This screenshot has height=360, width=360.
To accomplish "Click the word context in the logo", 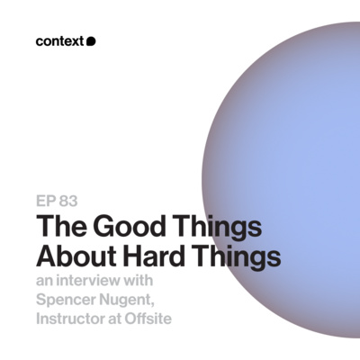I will pos(60,40).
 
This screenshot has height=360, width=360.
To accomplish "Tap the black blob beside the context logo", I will pos(91,40).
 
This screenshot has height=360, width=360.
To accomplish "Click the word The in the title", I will pos(59,227).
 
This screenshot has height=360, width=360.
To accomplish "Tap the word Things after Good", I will pos(212,228).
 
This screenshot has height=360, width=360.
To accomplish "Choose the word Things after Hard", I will pos(238,256).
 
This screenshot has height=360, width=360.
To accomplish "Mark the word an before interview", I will pos(46,282).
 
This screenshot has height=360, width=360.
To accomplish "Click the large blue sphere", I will pos(279,135).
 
